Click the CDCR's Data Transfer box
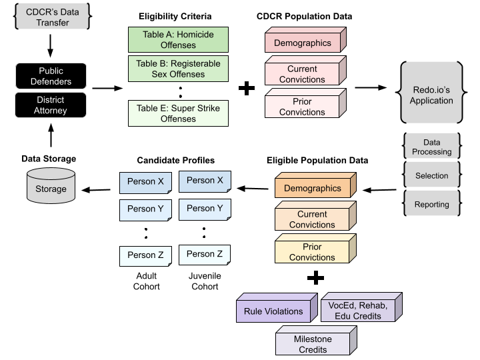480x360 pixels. pos(52,17)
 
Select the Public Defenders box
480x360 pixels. pos(51,76)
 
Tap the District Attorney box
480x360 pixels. pos(51,105)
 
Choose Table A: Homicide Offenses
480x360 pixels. pos(178,40)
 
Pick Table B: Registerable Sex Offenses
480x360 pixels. pos(178,69)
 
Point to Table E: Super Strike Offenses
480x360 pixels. pos(178,113)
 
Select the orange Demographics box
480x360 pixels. pos(313,188)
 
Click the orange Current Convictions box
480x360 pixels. pos(313,219)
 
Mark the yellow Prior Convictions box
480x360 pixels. pos(313,251)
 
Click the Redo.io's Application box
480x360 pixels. pos(431,92)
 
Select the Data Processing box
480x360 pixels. pos(431,147)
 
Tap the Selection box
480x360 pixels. pos(431,176)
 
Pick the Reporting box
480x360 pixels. pos(431,205)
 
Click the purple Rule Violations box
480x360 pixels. pos(273,311)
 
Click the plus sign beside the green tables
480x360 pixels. pos(247,88)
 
